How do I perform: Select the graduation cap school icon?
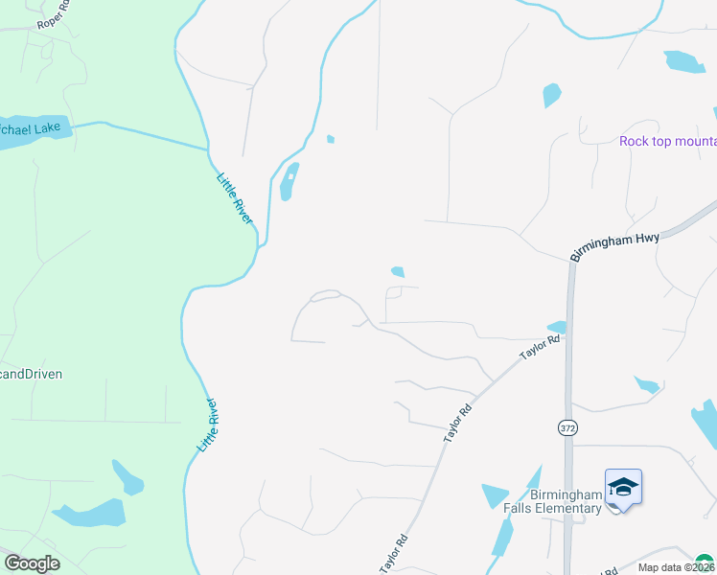pos(623,488)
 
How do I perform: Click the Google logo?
pos(32,563)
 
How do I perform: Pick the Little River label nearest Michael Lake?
pos(235,198)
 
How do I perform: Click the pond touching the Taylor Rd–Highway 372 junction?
pos(557,328)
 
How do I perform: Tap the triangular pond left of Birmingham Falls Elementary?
pos(495,494)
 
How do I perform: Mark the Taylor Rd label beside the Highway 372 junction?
pos(540,347)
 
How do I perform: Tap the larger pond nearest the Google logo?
pos(90,514)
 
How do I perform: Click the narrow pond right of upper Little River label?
pos(288,182)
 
